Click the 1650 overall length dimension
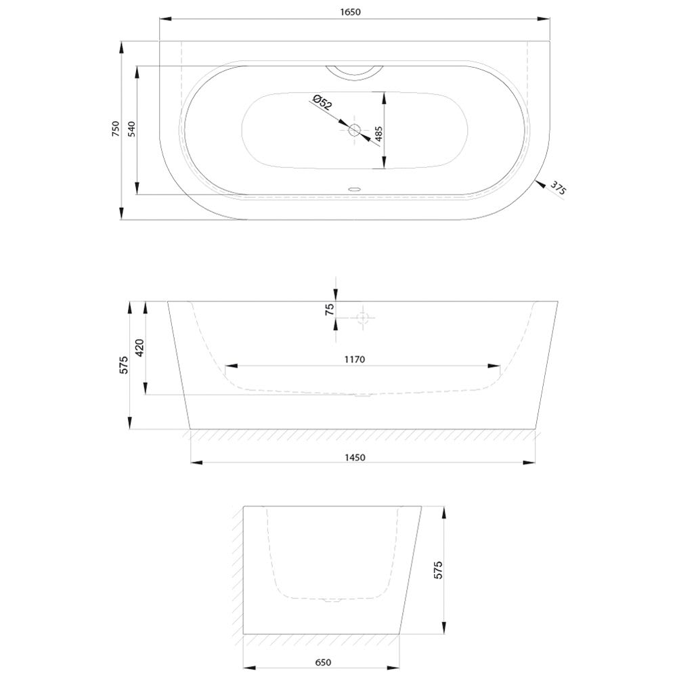[x=350, y=12]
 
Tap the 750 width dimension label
[x=116, y=129]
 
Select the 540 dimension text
[x=132, y=129]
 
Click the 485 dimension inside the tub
[x=378, y=134]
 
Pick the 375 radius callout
[x=557, y=189]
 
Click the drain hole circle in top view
[x=355, y=129]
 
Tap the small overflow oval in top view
[x=355, y=189]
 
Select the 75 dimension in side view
[x=330, y=309]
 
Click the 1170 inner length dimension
[x=355, y=359]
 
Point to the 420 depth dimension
[x=139, y=348]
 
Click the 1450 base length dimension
[x=355, y=457]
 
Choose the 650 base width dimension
[x=323, y=662]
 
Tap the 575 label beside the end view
[x=438, y=570]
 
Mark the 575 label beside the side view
[x=124, y=365]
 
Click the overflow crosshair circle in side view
[x=362, y=318]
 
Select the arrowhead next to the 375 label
[x=540, y=184]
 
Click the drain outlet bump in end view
[x=332, y=599]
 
